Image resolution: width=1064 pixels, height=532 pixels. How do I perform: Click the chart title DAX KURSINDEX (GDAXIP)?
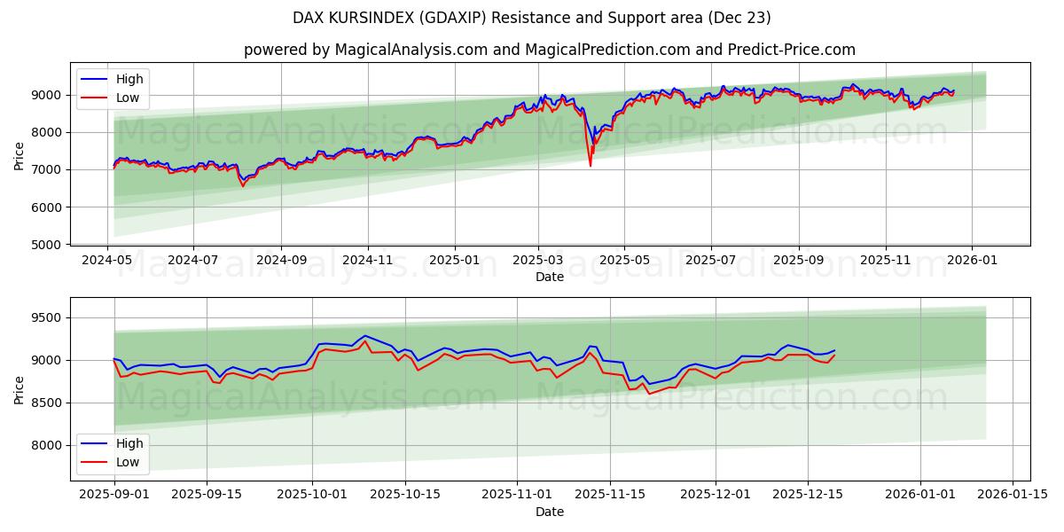coord(531,18)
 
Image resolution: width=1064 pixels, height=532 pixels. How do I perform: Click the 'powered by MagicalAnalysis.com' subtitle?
coord(549,50)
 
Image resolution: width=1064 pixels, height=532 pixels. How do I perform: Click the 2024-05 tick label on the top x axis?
coord(108,261)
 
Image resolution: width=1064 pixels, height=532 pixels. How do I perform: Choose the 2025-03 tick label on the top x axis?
coord(537,261)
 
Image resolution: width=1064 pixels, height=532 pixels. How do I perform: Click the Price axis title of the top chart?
coord(20,155)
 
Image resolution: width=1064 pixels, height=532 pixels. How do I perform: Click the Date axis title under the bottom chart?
coord(550,512)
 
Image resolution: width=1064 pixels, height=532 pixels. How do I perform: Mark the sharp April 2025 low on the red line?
coord(591,166)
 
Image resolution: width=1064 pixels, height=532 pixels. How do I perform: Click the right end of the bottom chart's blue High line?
coord(834,350)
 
